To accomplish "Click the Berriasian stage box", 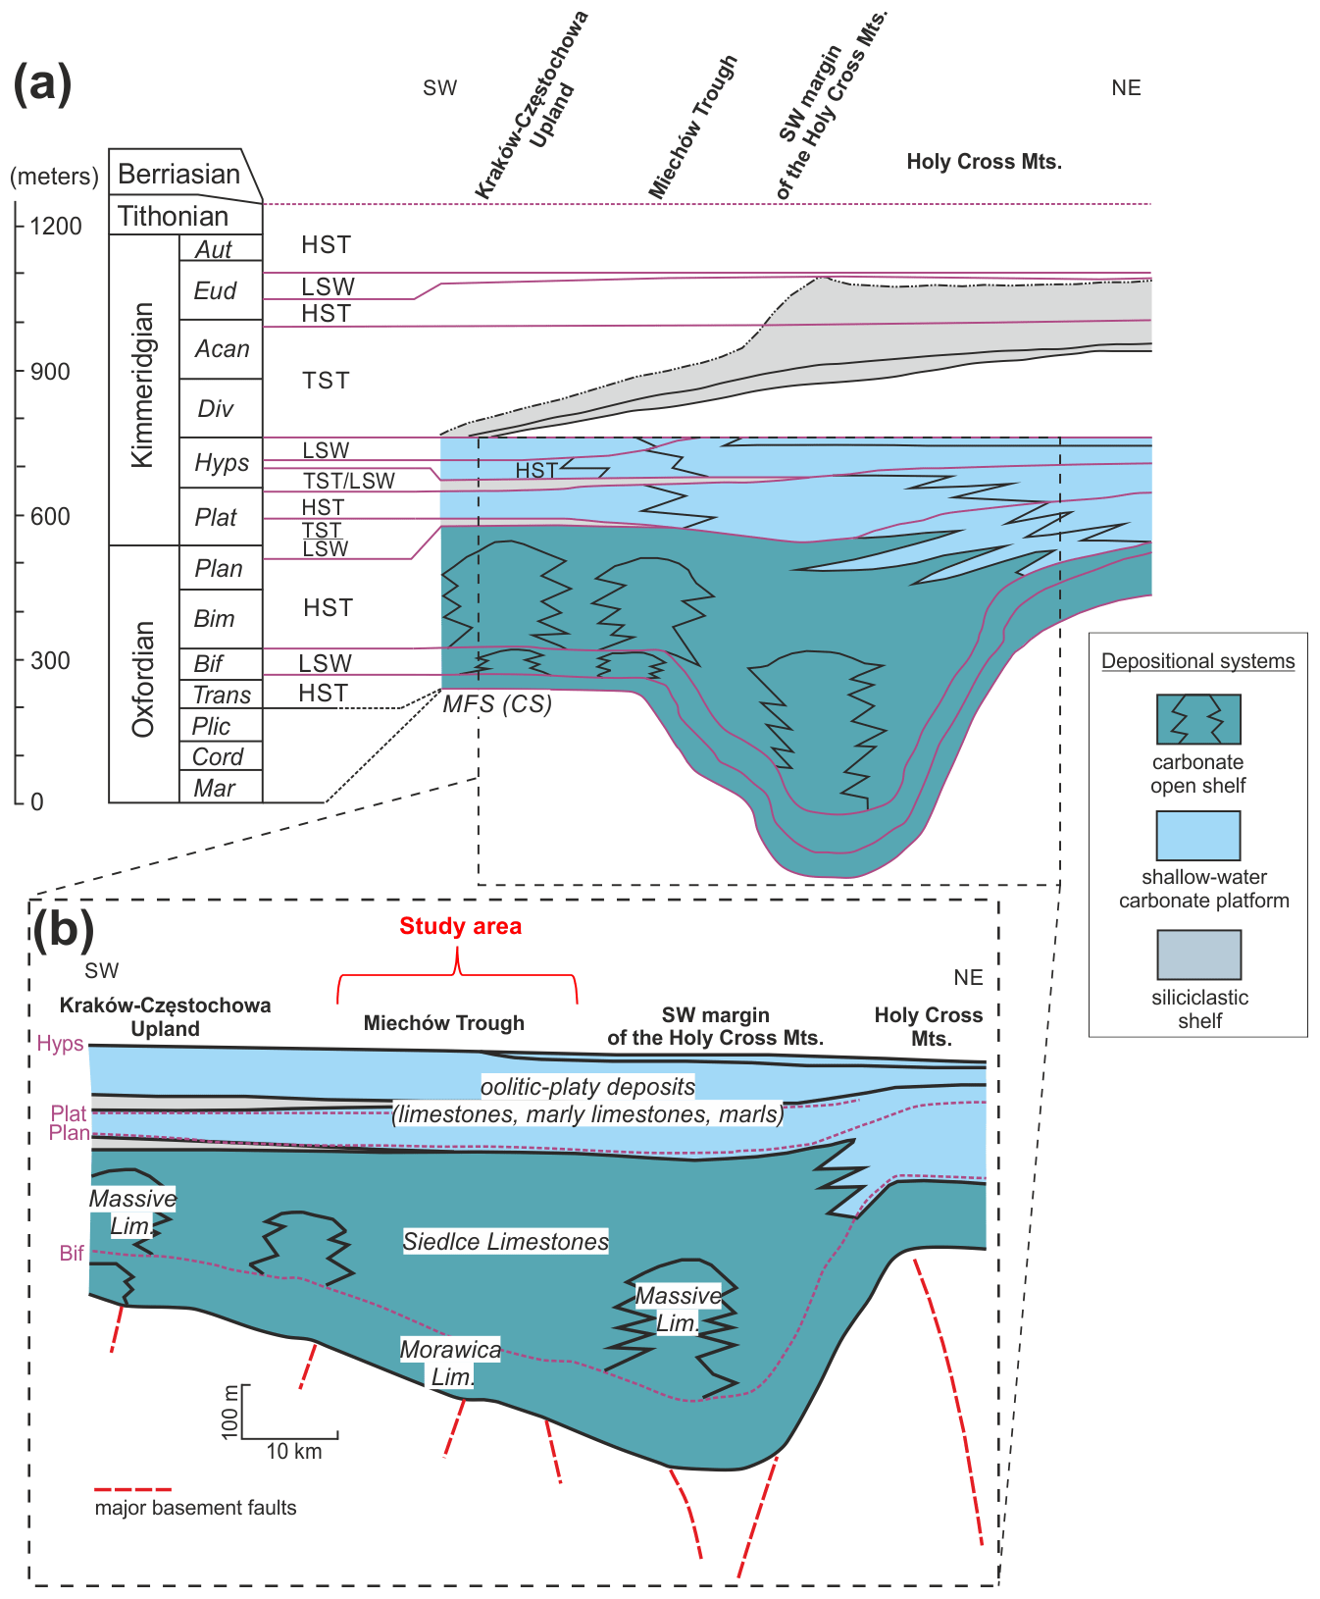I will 181,175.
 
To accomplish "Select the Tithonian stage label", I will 174,217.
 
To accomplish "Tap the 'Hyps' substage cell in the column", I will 222,463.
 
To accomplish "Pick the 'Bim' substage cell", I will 215,619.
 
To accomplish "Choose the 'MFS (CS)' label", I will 497,704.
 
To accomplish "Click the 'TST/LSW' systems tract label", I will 349,481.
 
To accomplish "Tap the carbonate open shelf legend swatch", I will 1198,720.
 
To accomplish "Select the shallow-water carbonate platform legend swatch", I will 1198,836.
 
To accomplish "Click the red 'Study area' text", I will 460,926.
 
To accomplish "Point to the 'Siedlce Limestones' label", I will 506,1242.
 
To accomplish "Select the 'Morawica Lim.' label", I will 451,1363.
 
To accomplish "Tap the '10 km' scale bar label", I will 294,1452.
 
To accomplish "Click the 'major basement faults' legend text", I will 195,1508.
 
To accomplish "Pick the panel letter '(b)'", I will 63,928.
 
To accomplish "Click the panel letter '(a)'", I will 42,83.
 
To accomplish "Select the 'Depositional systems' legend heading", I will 1197,661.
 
